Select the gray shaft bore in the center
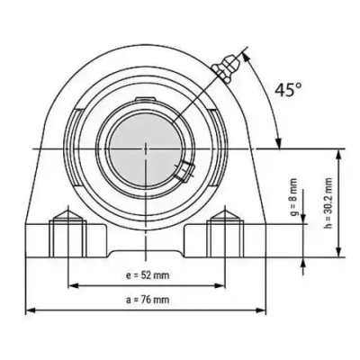pyautogui.click(x=144, y=145)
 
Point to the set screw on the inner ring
pyautogui.click(x=185, y=169)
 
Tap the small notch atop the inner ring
pyautogui.click(x=144, y=96)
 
